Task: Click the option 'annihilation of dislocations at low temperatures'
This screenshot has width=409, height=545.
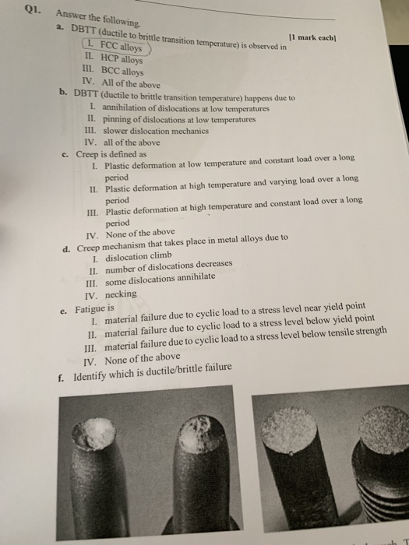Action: [185, 108]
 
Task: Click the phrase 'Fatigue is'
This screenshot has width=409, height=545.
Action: [93, 309]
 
